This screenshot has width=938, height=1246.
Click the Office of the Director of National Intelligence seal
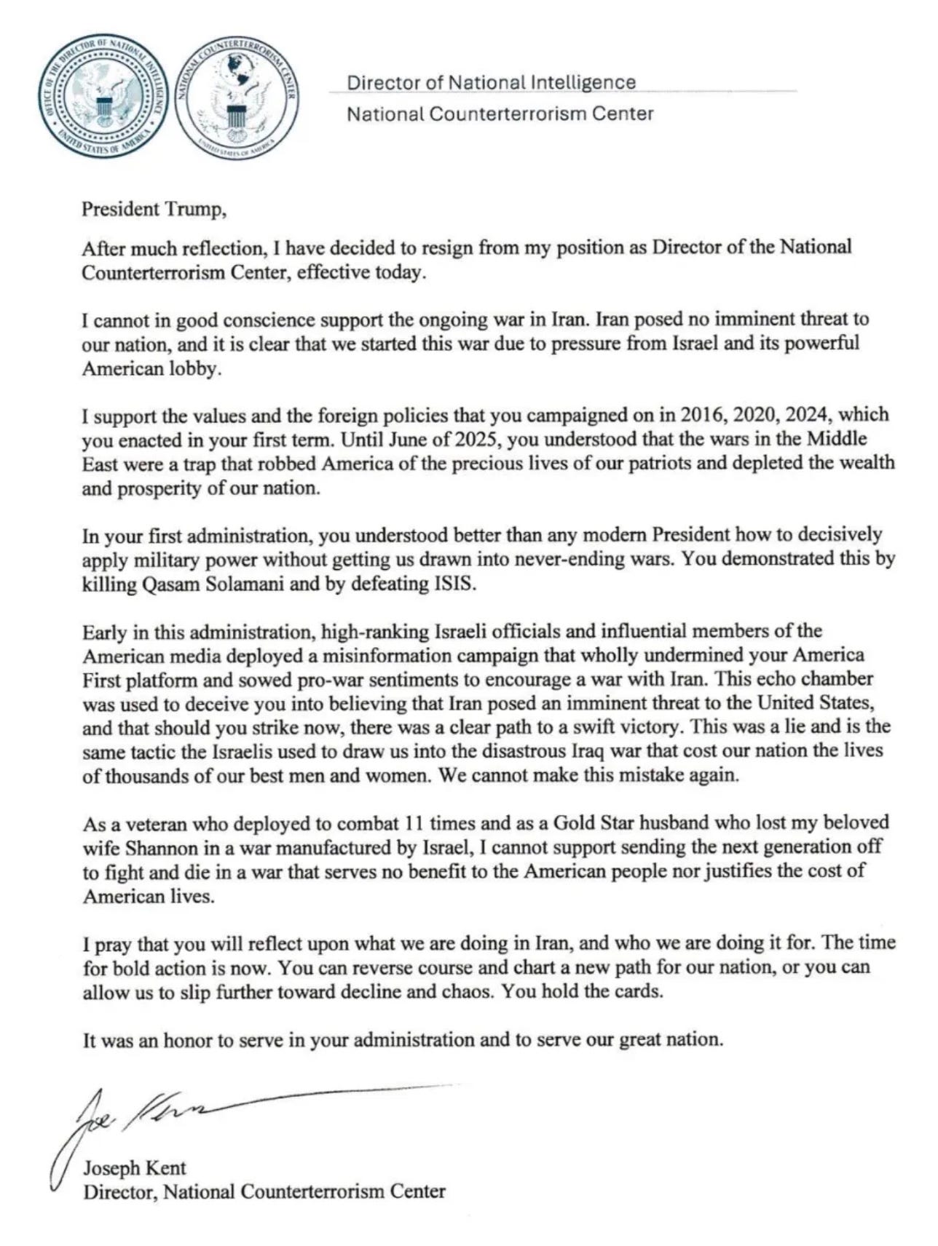[x=103, y=100]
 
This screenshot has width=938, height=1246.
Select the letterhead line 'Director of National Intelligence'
[x=491, y=83]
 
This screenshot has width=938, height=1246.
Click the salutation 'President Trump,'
[x=154, y=210]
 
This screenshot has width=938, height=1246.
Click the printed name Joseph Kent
[x=135, y=1168]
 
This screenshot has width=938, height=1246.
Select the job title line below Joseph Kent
[x=264, y=1192]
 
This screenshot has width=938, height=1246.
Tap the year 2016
[x=703, y=415]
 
